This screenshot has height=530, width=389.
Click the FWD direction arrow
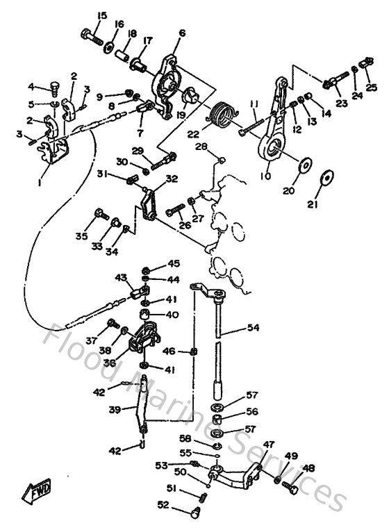point(36,492)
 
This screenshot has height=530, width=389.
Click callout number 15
point(102,16)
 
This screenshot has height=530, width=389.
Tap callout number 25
point(372,88)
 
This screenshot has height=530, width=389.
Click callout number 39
point(115,410)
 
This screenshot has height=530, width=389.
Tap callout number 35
point(81,236)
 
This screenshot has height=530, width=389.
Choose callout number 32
point(171,179)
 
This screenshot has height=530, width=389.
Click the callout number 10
point(265,176)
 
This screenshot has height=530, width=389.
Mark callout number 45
point(173,263)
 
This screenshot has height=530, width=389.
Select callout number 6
point(182,33)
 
